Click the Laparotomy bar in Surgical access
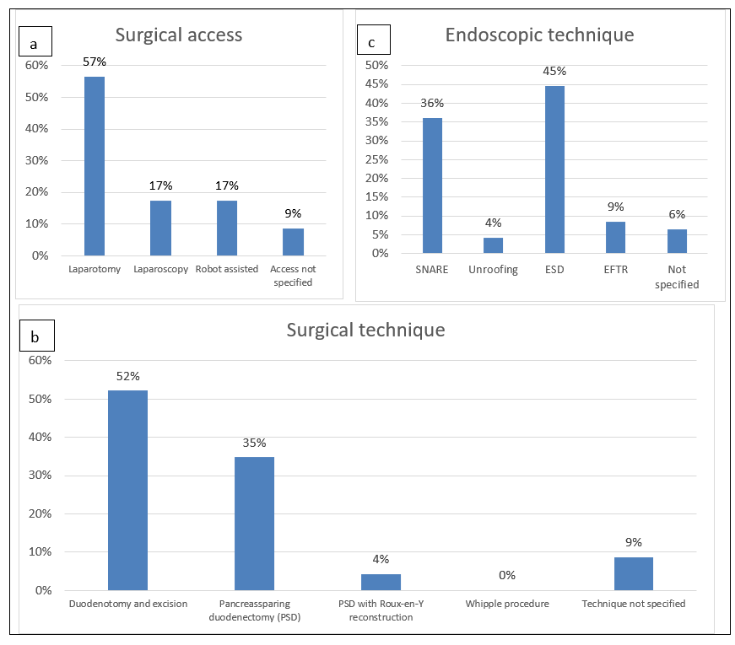(95, 166)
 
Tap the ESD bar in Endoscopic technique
(554, 169)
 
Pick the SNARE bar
(432, 185)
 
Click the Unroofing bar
(493, 245)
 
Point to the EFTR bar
(615, 237)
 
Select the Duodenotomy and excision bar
(127, 490)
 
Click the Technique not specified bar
(633, 573)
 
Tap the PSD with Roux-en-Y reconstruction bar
(381, 582)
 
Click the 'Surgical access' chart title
(179, 35)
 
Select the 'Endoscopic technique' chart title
(539, 35)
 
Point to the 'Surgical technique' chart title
(365, 330)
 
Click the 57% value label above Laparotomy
(95, 62)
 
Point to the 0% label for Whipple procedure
(506, 575)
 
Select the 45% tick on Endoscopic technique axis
(376, 84)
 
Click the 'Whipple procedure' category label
(507, 604)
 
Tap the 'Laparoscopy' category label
(159, 270)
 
